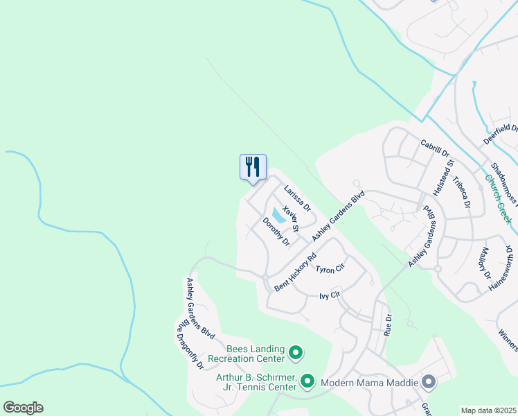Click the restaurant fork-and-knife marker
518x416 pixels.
253,167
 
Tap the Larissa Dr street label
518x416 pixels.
297,198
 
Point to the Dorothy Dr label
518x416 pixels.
275,232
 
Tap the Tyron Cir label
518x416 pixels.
330,268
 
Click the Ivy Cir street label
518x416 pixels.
330,295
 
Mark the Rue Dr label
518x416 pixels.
388,324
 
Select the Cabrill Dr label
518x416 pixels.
435,148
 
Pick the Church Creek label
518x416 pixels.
497,198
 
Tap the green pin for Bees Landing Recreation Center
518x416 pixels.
296,354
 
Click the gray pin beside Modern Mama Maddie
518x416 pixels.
429,382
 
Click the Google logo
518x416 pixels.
23,408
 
